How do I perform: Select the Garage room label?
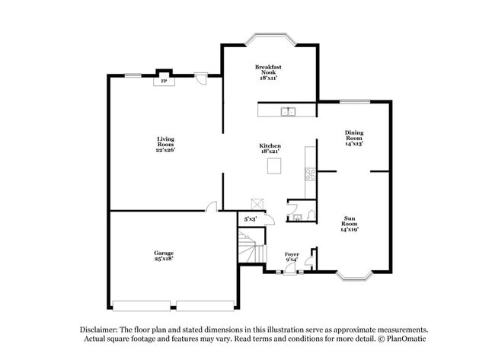pos(164,253)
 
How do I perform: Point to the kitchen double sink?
pos(288,112)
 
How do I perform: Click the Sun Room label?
pos(349,221)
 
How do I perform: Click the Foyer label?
pos(292,253)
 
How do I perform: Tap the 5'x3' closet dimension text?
pos(250,219)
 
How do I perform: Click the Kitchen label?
pos(270,145)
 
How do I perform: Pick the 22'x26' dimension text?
pos(165,149)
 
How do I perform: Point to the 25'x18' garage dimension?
pos(164,259)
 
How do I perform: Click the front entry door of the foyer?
pos(289,270)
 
